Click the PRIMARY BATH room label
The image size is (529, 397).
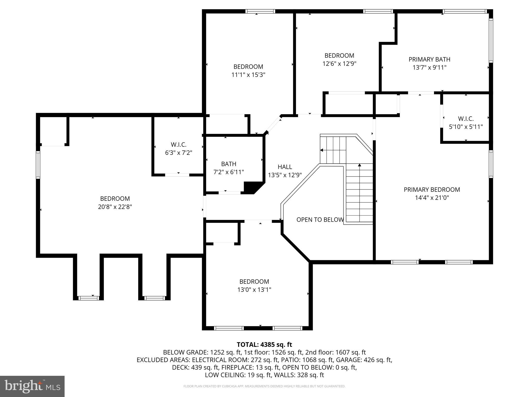429,59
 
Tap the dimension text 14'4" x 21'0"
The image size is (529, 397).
432,198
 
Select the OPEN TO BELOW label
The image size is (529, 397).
320,220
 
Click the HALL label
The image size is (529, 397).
285,167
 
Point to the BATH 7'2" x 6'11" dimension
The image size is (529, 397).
229,172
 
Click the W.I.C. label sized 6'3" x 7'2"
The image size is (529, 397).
178,145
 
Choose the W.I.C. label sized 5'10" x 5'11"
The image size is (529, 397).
466,119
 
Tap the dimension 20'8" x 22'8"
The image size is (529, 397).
115,207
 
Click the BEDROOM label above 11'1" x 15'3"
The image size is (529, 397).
248,67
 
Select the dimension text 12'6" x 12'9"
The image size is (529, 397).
339,64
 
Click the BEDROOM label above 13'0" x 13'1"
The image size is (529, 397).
254,281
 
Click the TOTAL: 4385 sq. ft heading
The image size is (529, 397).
264,345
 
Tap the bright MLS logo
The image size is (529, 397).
32,386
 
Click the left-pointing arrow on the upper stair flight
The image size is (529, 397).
322,150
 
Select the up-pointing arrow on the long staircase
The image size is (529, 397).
359,165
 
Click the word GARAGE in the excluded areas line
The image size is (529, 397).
352,360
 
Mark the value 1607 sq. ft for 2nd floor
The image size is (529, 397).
350,352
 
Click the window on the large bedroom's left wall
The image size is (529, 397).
38,165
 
